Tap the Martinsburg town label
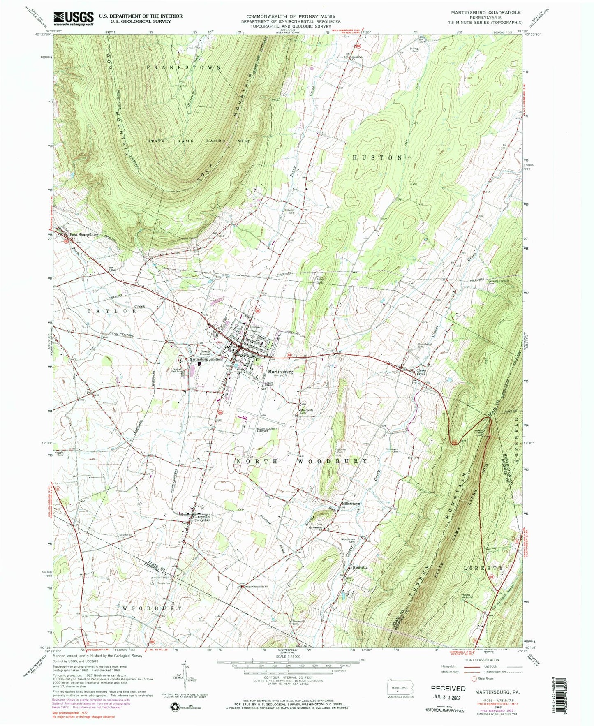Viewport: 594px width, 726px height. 280,371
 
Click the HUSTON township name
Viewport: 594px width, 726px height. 377,157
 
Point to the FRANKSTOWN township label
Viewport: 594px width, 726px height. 184,67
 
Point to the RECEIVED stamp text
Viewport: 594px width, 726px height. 448,688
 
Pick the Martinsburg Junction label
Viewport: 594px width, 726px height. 205,359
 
